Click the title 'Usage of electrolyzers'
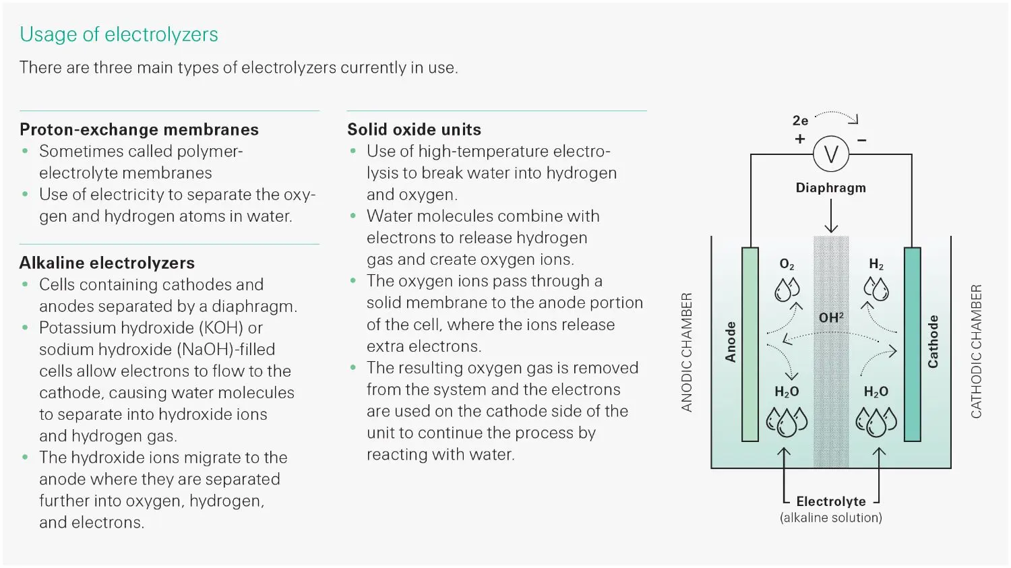pos(119,34)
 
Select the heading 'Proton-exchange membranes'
pos(139,129)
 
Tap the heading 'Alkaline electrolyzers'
pos(107,263)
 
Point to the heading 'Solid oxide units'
pos(414,129)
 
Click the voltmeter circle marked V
pos(830,154)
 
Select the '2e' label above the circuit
pos(800,121)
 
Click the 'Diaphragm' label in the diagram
pos(830,188)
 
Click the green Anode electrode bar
pos(749,344)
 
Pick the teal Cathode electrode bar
pos(912,344)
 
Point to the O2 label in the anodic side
pos(787,264)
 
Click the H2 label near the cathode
pos(876,264)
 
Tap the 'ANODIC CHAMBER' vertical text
pos(687,352)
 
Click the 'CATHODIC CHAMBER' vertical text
pos(976,351)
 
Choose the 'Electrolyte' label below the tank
pos(830,501)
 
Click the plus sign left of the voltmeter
pos(800,139)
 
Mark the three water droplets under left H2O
pos(787,422)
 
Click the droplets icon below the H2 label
pos(876,289)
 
